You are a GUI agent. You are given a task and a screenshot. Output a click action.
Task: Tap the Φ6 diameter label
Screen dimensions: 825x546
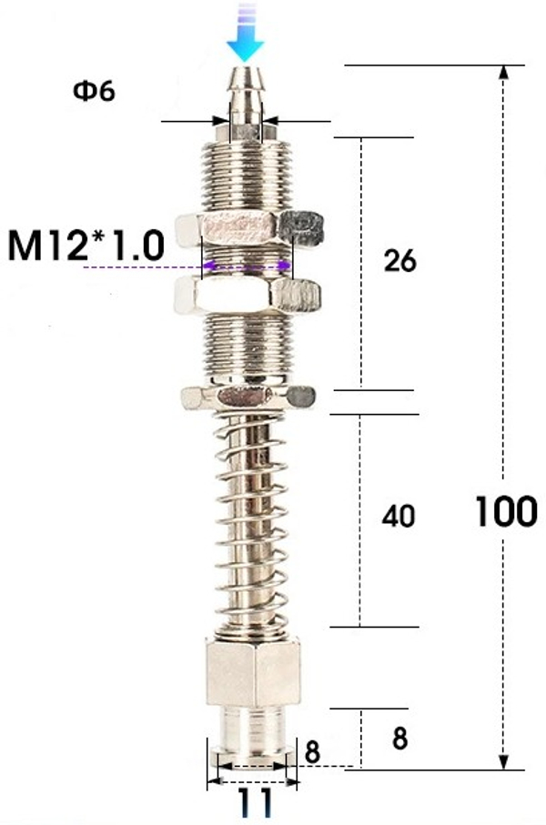[94, 92]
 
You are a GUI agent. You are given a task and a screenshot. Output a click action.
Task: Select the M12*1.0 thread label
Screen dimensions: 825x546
[86, 246]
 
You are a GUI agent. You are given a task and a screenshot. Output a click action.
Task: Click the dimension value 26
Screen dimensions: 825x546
[399, 262]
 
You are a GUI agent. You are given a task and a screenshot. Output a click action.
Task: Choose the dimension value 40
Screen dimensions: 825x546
[399, 517]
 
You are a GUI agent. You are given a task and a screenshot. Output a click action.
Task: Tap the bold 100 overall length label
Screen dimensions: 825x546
[505, 512]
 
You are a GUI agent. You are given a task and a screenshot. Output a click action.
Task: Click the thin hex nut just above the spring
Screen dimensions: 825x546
[248, 397]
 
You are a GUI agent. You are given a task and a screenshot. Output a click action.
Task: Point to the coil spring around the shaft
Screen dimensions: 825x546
[248, 518]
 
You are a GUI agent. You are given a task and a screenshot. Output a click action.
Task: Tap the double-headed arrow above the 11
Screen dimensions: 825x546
[252, 780]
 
